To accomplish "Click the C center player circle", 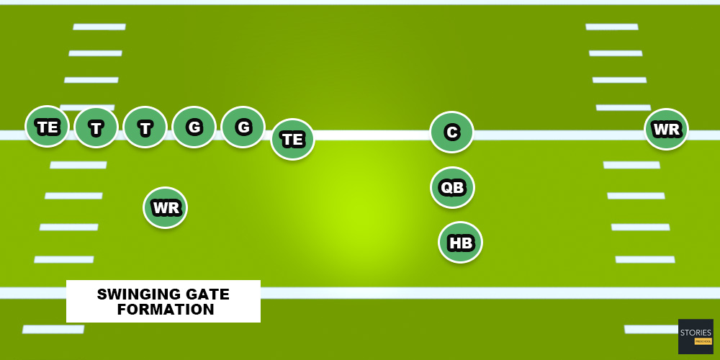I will (451, 132).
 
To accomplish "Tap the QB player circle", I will (452, 187).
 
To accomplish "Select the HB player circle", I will (460, 243).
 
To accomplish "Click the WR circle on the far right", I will (666, 130).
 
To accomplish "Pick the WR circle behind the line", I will (166, 208).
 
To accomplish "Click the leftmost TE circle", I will (47, 127).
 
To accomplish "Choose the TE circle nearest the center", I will (292, 139).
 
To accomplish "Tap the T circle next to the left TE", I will (96, 127).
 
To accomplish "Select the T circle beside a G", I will (145, 127).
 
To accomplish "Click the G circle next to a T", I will (194, 127).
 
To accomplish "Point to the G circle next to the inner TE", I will (243, 127).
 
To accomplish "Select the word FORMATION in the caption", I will (166, 310).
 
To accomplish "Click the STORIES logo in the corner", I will (696, 336).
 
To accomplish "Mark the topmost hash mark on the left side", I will (99, 27).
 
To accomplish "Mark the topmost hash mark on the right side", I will (612, 27).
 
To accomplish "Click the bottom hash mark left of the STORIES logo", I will (650, 329).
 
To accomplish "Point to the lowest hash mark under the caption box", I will (53, 329).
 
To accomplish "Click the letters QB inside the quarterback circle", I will (452, 188).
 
